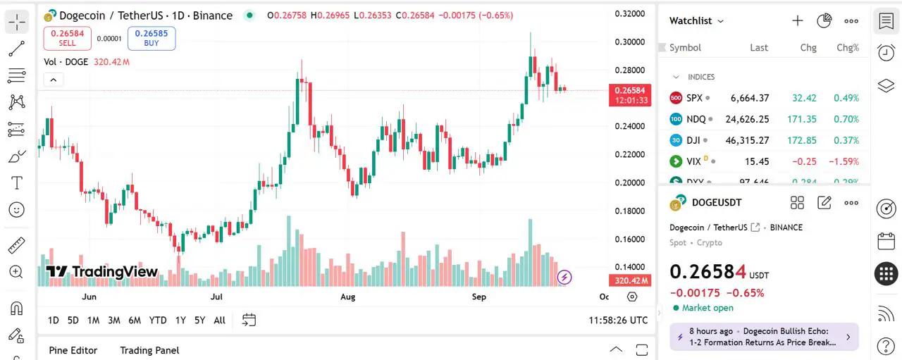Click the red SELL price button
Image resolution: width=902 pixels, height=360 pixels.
(x=67, y=38)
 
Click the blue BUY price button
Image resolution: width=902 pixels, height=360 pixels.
(x=152, y=38)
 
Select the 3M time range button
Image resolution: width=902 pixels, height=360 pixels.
(x=114, y=321)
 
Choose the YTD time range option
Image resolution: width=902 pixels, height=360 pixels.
(x=158, y=321)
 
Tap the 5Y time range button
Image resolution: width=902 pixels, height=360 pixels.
(x=199, y=321)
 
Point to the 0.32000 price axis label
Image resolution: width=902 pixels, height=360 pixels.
(x=629, y=13)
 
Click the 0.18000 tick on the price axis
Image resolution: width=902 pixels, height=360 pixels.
(x=629, y=211)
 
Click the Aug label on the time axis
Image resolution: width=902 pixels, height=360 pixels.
(x=347, y=297)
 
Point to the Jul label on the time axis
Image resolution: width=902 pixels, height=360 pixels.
(x=216, y=297)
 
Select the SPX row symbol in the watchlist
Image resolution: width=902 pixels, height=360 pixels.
(x=694, y=98)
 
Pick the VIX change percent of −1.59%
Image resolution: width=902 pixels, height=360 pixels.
(x=844, y=161)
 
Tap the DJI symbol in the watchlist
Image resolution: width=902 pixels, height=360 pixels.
(x=694, y=140)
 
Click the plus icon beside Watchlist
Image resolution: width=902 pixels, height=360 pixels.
(x=797, y=20)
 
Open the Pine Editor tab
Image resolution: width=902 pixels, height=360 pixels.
(x=73, y=350)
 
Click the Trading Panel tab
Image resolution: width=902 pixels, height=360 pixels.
(x=149, y=350)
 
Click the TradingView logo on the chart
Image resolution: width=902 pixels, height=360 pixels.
(x=102, y=272)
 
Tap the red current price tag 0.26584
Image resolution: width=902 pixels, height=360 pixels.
(x=630, y=90)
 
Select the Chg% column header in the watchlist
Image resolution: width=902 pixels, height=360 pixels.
(x=847, y=48)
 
